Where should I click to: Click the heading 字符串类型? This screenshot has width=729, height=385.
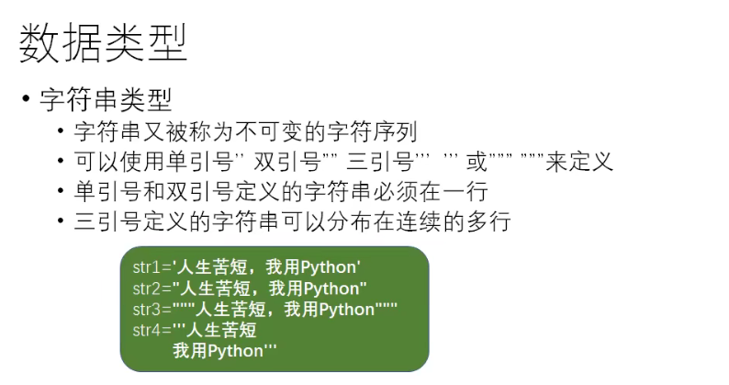point(106,98)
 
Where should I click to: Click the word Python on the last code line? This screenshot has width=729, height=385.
point(237,351)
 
